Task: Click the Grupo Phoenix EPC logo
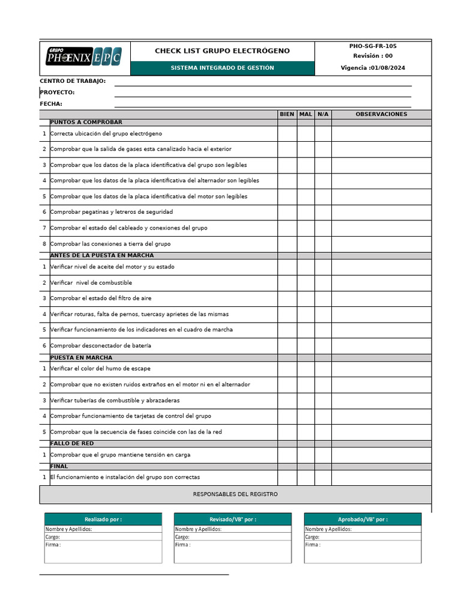(84, 57)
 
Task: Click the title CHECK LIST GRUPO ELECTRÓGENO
(222, 51)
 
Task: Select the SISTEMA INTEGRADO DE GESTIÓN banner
(222, 68)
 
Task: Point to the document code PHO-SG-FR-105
(373, 46)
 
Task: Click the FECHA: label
(51, 104)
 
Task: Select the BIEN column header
(287, 114)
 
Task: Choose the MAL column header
(306, 114)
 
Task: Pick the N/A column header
(323, 114)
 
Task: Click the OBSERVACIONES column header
(381, 114)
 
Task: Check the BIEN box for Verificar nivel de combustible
(287, 283)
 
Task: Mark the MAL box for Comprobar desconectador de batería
(306, 346)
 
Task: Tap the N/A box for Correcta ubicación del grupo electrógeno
(323, 133)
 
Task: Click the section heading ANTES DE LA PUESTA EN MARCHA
(102, 256)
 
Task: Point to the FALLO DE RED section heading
(72, 444)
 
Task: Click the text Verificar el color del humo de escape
(100, 369)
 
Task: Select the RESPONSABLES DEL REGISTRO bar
(235, 494)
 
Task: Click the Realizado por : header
(103, 520)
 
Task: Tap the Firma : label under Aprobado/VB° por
(313, 545)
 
